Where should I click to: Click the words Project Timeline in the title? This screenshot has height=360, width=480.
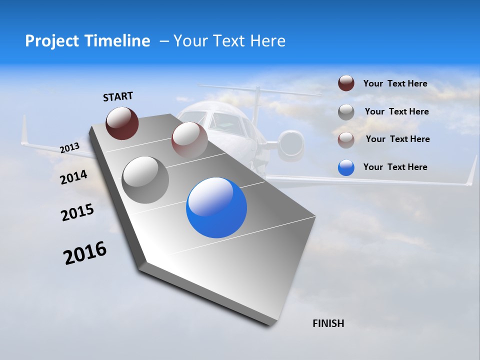pos(87,41)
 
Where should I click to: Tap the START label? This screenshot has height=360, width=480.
pos(118,96)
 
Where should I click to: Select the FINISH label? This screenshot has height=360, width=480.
pos(328,323)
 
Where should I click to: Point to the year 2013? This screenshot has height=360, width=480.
pos(69,148)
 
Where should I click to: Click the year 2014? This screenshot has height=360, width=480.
pos(73,177)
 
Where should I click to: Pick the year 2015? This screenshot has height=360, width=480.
pos(77,212)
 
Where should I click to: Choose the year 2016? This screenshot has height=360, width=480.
pos(85,253)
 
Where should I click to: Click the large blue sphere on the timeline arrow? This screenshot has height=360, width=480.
pos(216,207)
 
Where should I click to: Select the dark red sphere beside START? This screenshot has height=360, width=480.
pos(122,123)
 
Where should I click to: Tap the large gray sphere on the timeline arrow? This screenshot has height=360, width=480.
pos(145,179)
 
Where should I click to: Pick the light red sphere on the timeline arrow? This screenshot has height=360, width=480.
pos(189,140)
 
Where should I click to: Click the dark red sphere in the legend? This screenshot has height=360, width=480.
pos(346,83)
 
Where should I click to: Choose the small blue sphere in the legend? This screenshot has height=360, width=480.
pos(346,167)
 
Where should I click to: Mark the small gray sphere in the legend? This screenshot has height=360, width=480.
pos(346,112)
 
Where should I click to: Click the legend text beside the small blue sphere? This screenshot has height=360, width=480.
pos(395,167)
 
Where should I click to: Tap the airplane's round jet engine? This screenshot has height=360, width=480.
pos(291,143)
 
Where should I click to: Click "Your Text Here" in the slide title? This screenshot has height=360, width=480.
pos(229,41)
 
